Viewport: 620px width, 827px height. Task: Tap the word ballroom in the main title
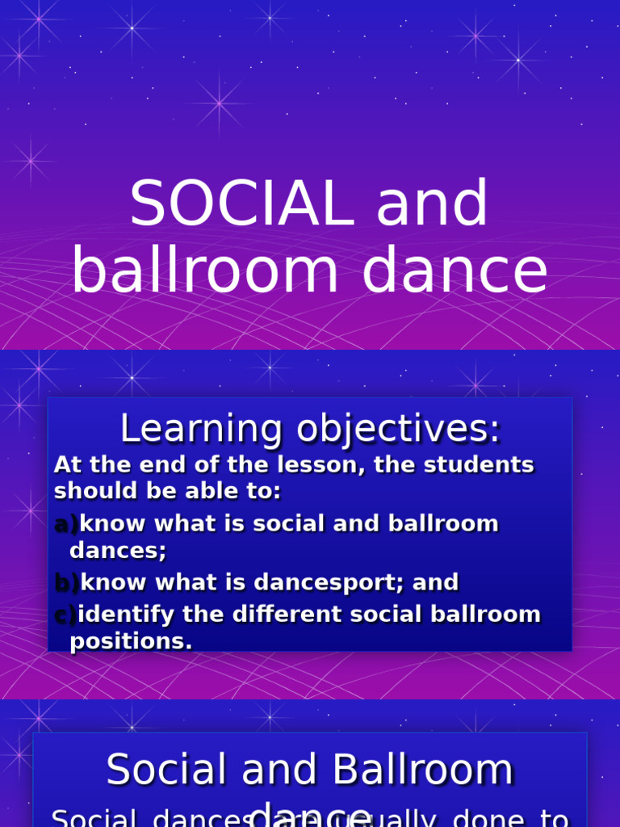pos(205,271)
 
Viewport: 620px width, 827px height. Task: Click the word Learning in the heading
pos(201,430)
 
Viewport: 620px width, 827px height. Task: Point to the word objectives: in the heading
pos(399,430)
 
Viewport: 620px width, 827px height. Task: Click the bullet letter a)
pos(66,524)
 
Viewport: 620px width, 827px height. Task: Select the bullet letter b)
pos(67,582)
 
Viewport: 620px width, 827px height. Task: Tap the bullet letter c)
pos(65,615)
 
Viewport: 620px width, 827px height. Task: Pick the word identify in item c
pos(126,615)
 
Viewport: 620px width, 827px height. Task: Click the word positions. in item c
pos(132,642)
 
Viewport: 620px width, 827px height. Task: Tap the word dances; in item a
pos(118,552)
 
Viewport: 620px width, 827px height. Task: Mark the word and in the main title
pos(432,204)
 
